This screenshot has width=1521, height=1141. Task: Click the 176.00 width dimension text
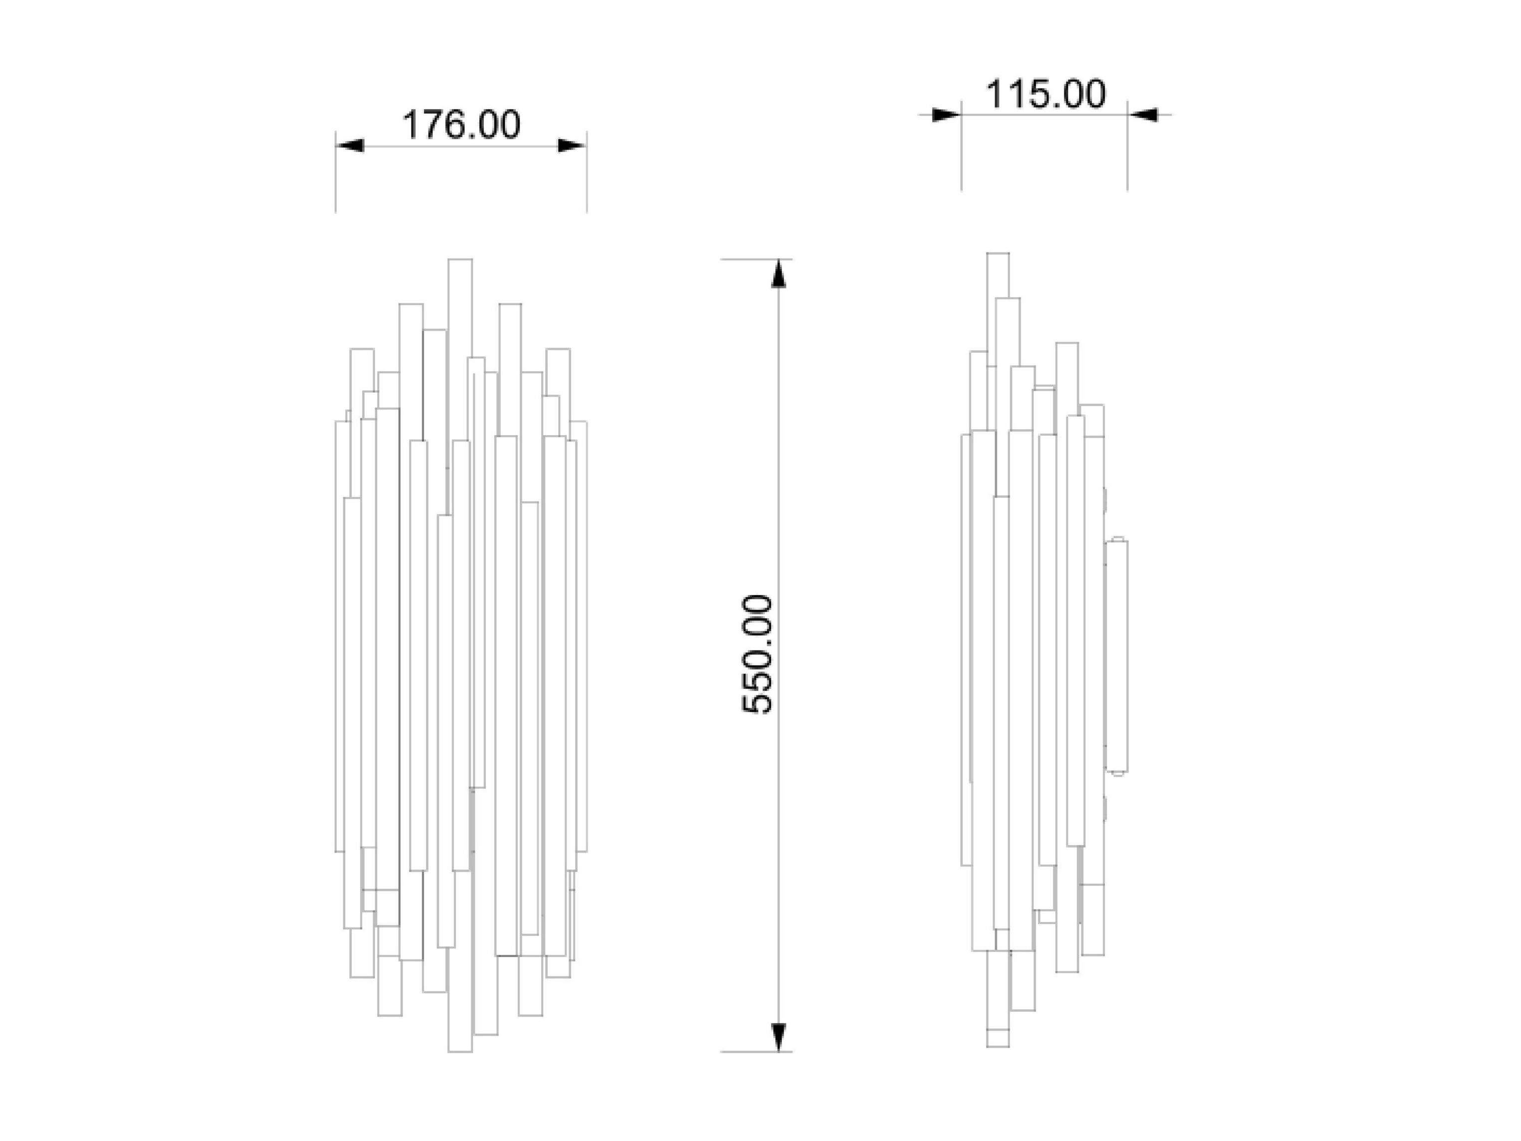pyautogui.click(x=461, y=125)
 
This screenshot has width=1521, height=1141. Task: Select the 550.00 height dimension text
pyautogui.click(x=758, y=655)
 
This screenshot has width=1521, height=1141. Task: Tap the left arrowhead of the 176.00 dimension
pyautogui.click(x=351, y=146)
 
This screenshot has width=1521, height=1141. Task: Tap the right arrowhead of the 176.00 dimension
pyautogui.click(x=571, y=146)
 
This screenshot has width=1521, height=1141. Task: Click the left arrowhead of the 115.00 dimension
pyautogui.click(x=945, y=115)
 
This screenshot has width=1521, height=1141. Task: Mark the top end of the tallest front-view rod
pyautogui.click(x=460, y=260)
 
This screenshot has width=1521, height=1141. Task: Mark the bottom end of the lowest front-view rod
pyautogui.click(x=460, y=1050)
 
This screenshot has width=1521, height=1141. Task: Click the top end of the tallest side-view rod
pyautogui.click(x=998, y=254)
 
